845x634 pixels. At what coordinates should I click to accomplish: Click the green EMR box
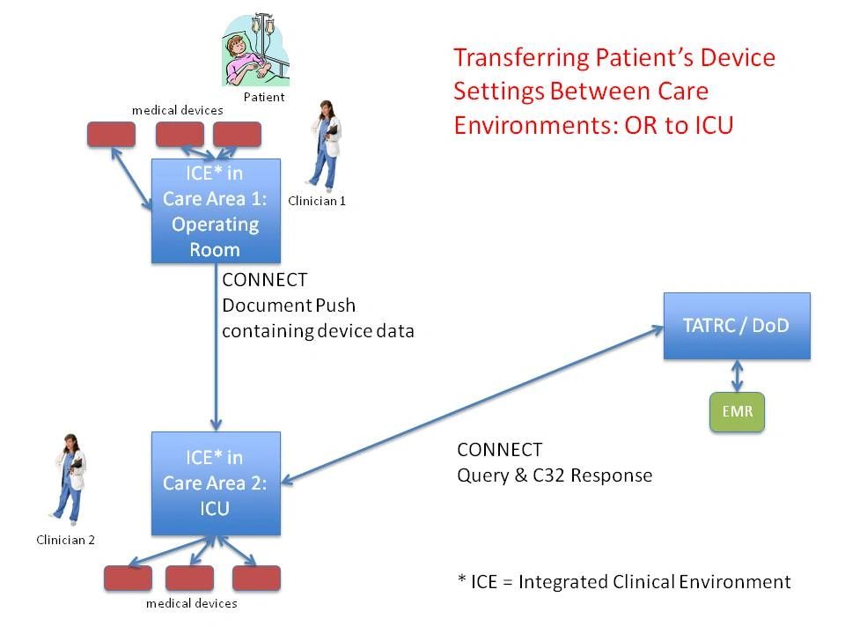point(737,411)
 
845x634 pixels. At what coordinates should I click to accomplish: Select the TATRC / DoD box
point(736,326)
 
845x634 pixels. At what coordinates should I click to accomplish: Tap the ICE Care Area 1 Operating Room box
point(216,211)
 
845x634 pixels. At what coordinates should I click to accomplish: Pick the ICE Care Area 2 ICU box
point(216,483)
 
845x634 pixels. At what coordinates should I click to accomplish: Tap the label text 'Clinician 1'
point(317,201)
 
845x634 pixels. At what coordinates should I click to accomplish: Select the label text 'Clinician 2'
point(65,540)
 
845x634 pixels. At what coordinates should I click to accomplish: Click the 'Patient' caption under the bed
point(264,97)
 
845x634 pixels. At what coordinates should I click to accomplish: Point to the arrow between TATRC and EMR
point(737,376)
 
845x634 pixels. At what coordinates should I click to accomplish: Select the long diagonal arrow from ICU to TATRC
point(475,404)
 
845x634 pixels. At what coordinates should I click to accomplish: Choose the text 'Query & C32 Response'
point(555,475)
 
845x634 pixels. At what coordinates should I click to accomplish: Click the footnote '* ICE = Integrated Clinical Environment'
point(624,582)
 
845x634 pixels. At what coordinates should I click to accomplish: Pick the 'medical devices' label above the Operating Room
point(177,110)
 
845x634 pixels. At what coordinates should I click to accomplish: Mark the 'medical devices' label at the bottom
point(191,603)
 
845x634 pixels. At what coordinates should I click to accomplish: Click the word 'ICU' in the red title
point(713,125)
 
